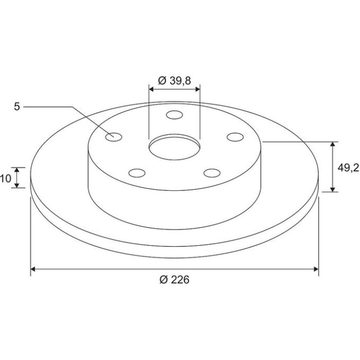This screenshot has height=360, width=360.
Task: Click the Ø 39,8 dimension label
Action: [x=174, y=81]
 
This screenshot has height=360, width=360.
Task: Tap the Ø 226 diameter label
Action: [x=174, y=280]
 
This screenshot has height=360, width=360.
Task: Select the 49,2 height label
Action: [x=348, y=168]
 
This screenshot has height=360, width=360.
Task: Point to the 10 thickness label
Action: [x=5, y=178]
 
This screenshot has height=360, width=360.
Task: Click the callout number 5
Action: [x=17, y=107]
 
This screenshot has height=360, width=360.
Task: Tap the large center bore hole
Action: [x=174, y=147]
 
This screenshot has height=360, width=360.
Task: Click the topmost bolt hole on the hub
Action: [x=174, y=115]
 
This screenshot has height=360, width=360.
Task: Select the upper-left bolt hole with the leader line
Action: [x=114, y=137]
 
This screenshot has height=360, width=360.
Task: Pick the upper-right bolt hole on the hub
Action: [x=235, y=137]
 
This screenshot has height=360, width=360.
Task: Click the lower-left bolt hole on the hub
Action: [x=137, y=173]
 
